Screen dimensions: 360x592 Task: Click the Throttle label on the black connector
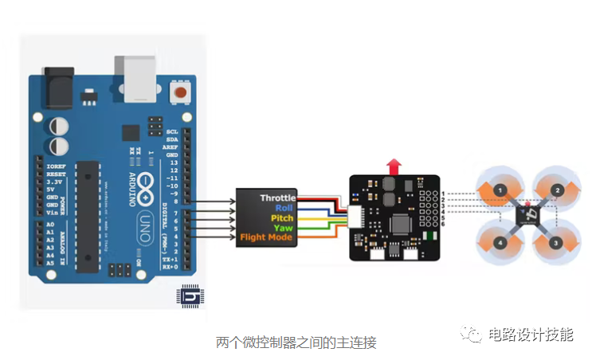pyautogui.click(x=277, y=198)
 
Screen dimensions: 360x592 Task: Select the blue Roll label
pyautogui.click(x=284, y=208)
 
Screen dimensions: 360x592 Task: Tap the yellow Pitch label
pyautogui.click(x=282, y=217)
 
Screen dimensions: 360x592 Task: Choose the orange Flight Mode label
pyautogui.click(x=267, y=237)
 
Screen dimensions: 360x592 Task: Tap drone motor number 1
pyautogui.click(x=499, y=190)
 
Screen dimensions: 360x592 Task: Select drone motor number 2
pyautogui.click(x=558, y=190)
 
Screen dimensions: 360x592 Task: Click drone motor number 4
pyautogui.click(x=499, y=241)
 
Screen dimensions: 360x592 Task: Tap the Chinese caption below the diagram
pyautogui.click(x=296, y=342)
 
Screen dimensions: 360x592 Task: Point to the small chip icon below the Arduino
pyautogui.click(x=189, y=296)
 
